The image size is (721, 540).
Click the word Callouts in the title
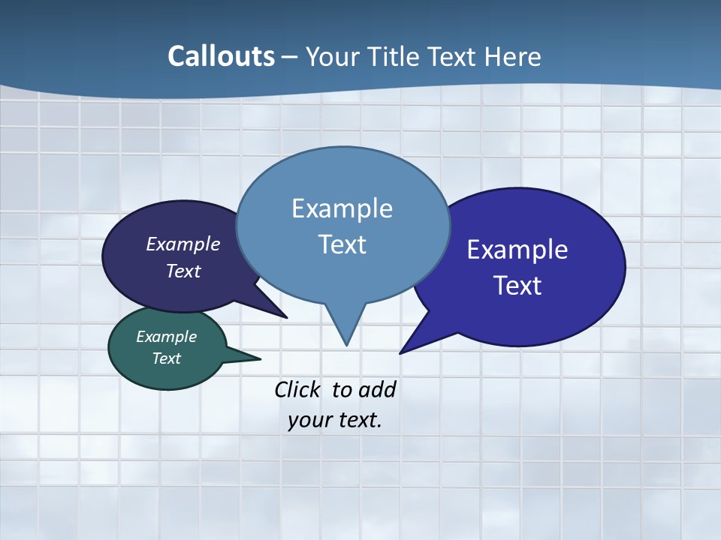[221, 56]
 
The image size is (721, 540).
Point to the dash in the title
[289, 57]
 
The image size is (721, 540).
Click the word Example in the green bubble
[166, 337]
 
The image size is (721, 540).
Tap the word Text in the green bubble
[166, 358]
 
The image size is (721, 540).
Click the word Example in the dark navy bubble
[183, 244]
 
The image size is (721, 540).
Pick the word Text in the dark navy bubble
[183, 271]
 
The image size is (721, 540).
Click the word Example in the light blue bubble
[342, 208]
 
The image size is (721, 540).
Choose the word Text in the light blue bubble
[342, 244]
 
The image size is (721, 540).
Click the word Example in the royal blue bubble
[517, 250]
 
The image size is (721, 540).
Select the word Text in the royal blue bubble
[517, 286]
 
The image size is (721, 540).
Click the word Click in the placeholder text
[297, 389]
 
